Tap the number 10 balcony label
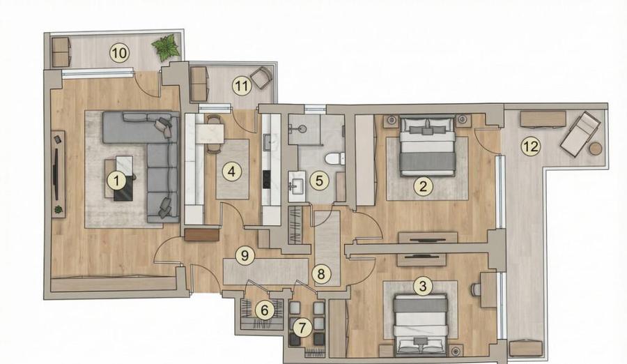click(119, 52)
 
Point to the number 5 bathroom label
click(318, 181)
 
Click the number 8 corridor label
click(320, 274)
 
